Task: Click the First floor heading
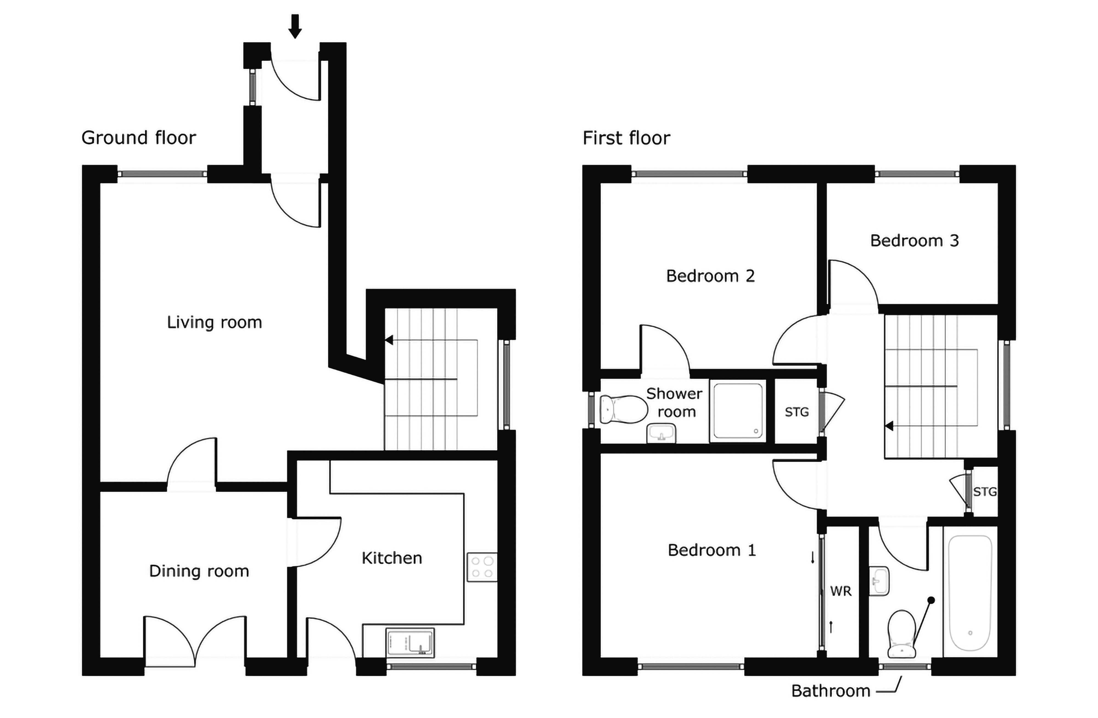pyautogui.click(x=626, y=138)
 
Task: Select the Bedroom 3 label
pyautogui.click(x=914, y=240)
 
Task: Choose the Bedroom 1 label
pyautogui.click(x=712, y=550)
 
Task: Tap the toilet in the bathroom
pyautogui.click(x=901, y=633)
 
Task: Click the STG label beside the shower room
pyautogui.click(x=797, y=412)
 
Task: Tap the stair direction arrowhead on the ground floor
pyautogui.click(x=389, y=340)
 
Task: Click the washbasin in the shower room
pyautogui.click(x=661, y=433)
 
